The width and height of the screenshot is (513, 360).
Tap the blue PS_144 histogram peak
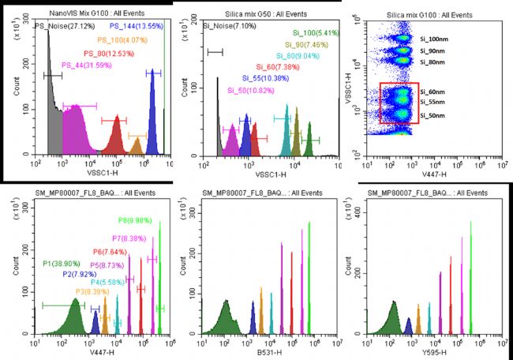tap(152, 118)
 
